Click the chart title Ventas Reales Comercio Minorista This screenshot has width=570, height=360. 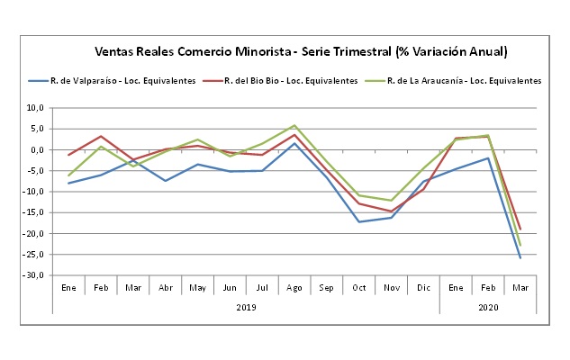tap(301, 50)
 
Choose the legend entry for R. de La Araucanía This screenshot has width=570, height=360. tap(464, 81)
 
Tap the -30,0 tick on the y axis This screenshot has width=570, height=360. tap(37, 275)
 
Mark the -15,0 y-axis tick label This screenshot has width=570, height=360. tap(37, 212)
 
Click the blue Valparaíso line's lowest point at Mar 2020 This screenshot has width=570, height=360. tap(520, 258)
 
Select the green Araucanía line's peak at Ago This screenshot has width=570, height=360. tap(294, 125)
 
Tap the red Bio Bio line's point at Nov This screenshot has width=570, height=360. tap(390, 211)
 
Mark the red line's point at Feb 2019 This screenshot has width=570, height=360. tap(101, 136)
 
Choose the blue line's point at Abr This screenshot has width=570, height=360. tap(166, 181)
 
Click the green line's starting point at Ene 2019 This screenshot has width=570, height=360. tap(68, 175)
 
